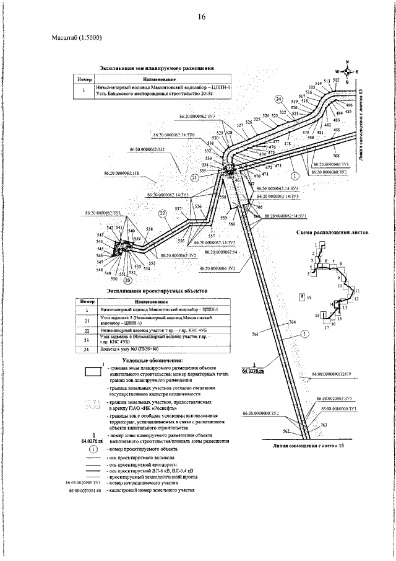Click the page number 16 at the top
[x=202, y=17]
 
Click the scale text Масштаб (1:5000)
[x=77, y=38]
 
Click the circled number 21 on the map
[x=196, y=177]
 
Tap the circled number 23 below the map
[x=127, y=280]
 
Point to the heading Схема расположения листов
[x=333, y=229]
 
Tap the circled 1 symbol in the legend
[x=93, y=448]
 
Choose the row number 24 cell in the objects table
[x=88, y=350]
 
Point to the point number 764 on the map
[x=292, y=323]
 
